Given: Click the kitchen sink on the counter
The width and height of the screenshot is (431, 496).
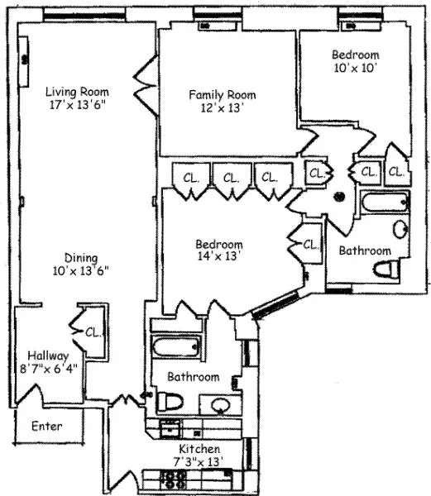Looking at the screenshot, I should [x=170, y=427].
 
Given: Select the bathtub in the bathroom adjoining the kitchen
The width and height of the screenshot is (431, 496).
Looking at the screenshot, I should [x=174, y=349].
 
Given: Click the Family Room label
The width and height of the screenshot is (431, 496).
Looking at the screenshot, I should [x=220, y=94].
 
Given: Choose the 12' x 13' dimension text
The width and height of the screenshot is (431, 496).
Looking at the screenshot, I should [x=220, y=108].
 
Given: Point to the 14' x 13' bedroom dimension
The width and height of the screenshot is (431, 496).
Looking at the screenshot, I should [x=219, y=258].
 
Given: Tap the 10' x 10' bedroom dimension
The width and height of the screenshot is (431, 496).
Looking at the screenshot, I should [x=355, y=69].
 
